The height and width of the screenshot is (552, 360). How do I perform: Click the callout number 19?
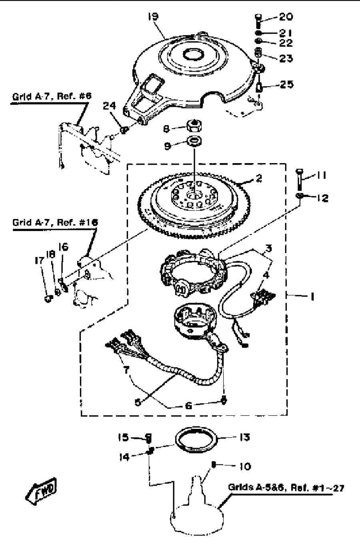click(153, 17)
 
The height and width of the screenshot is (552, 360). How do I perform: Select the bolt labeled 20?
click(258, 21)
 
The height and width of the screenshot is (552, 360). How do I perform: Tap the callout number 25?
click(286, 84)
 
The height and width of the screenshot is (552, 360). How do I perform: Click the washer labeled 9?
click(195, 141)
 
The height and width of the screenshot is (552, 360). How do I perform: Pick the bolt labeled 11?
click(300, 179)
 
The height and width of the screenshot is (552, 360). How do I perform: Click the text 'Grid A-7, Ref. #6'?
click(52, 96)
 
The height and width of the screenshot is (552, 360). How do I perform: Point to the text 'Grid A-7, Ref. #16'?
click(55, 223)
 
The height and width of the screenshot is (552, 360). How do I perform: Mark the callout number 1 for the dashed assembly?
click(312, 297)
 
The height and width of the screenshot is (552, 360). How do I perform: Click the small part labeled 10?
click(214, 464)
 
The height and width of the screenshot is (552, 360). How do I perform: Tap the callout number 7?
click(126, 370)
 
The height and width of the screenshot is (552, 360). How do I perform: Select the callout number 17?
click(40, 261)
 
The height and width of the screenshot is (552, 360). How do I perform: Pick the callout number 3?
click(268, 248)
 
